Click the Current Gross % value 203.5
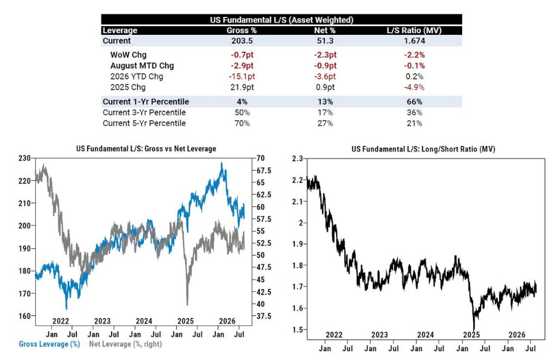pyautogui.click(x=242, y=41)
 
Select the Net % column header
pyautogui.click(x=325, y=30)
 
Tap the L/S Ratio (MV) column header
pyautogui.click(x=414, y=30)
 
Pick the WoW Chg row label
pyautogui.click(x=128, y=55)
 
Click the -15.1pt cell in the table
pyautogui.click(x=242, y=76)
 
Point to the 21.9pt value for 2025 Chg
pyautogui.click(x=242, y=87)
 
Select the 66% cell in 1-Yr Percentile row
pyautogui.click(x=414, y=102)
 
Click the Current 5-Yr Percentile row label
pyautogui.click(x=144, y=123)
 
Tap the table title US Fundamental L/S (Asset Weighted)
pyautogui.click(x=282, y=20)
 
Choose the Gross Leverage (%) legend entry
pyautogui.click(x=49, y=344)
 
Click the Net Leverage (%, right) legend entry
pyautogui.click(x=125, y=344)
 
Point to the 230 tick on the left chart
pyautogui.click(x=25, y=158)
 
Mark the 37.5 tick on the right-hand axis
pyautogui.click(x=264, y=316)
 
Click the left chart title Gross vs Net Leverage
pyautogui.click(x=146, y=149)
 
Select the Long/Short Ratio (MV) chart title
pyautogui.click(x=423, y=149)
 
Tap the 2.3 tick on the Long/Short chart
pyautogui.click(x=298, y=158)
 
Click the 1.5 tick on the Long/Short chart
pyautogui.click(x=298, y=330)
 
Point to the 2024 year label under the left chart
pyautogui.click(x=144, y=321)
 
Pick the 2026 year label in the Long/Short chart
pyautogui.click(x=517, y=335)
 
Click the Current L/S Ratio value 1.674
pyautogui.click(x=414, y=41)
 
